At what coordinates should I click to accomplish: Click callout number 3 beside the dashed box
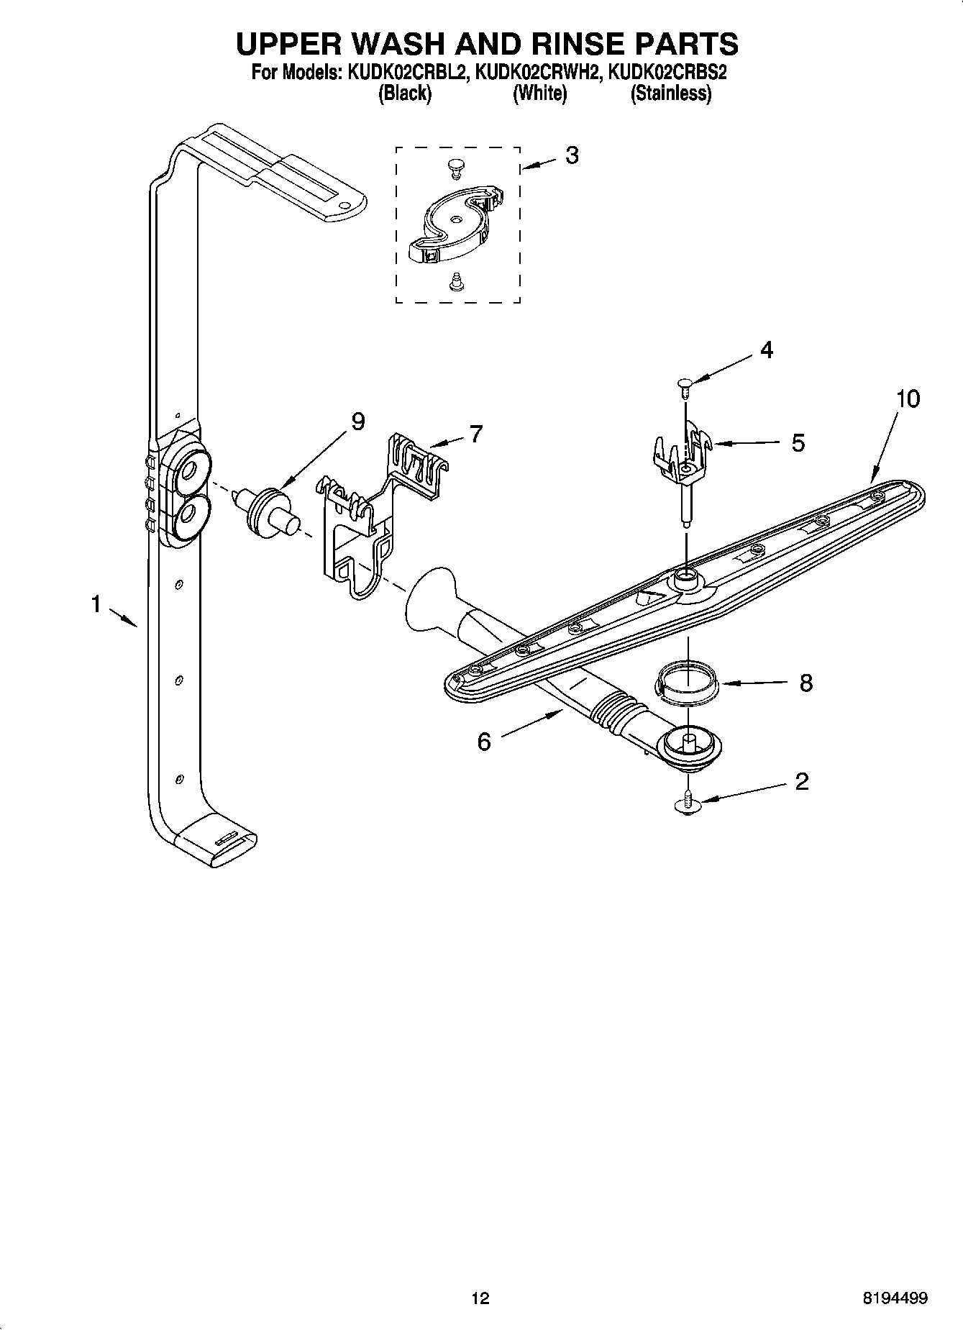572,155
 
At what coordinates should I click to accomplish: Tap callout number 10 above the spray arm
908,398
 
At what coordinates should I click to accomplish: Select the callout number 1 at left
96,605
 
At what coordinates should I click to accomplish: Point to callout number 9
357,422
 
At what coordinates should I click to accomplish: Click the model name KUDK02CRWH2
538,73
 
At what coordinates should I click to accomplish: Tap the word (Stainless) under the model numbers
670,94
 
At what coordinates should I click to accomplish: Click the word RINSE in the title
570,44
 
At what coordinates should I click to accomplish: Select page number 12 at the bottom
480,1298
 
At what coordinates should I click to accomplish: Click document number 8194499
895,1298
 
